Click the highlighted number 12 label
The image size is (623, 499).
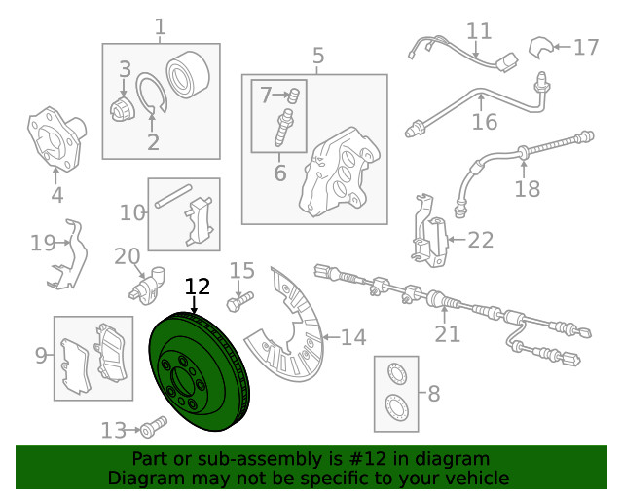pyautogui.click(x=198, y=287)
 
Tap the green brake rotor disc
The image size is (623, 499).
pyautogui.click(x=199, y=372)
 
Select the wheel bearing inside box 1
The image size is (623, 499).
pyautogui.click(x=187, y=74)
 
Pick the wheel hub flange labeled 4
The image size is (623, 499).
pyautogui.click(x=56, y=138)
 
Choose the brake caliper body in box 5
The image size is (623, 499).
pyautogui.click(x=338, y=173)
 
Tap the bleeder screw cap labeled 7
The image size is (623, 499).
pyautogui.click(x=294, y=96)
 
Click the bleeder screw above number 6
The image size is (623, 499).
pyautogui.click(x=283, y=128)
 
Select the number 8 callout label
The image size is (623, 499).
pyautogui.click(x=433, y=393)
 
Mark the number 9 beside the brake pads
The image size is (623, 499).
pyautogui.click(x=41, y=355)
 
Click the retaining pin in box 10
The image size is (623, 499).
pyautogui.click(x=173, y=196)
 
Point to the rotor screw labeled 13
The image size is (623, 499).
pyautogui.click(x=154, y=427)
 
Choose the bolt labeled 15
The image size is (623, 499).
pyautogui.click(x=239, y=301)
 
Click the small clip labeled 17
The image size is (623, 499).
pyautogui.click(x=540, y=48)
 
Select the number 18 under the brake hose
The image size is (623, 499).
pyautogui.click(x=528, y=189)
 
